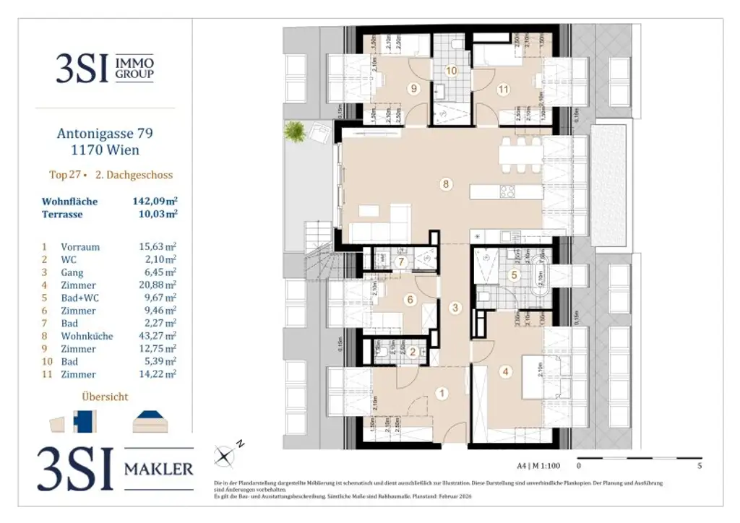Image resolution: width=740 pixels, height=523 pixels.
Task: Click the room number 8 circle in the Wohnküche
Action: [x=446, y=183]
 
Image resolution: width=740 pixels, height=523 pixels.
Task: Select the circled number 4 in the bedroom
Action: [x=506, y=372]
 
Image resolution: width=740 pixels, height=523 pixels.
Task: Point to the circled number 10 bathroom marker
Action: [x=452, y=71]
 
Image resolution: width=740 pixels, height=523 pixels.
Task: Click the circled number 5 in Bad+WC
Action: [x=514, y=275]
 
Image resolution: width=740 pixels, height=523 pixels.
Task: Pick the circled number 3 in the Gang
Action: [x=455, y=308]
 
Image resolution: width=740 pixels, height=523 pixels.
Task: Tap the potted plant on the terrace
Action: [x=295, y=131]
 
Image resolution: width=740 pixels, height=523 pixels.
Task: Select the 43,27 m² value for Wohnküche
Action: [x=158, y=336]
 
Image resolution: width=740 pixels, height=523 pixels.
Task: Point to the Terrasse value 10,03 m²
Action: [x=153, y=215]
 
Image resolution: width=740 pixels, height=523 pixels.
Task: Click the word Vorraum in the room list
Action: [x=80, y=247]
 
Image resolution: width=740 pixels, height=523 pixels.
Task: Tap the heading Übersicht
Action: [x=105, y=397]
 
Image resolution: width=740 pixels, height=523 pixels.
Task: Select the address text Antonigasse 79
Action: [x=105, y=134]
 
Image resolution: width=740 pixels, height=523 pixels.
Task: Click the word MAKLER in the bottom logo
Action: [x=159, y=469]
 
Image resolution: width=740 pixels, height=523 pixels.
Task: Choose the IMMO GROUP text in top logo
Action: [x=135, y=69]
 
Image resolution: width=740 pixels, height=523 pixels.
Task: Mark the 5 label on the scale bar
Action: [x=699, y=467]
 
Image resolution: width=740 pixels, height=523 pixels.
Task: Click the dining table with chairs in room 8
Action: [x=519, y=155]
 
